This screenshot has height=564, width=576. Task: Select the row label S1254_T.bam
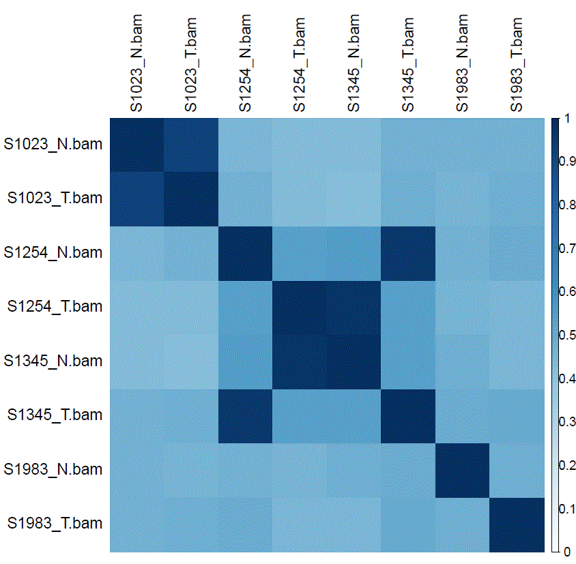(55, 306)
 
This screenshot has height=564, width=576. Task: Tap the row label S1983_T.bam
(55, 523)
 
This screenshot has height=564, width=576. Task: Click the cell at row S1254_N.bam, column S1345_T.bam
(408, 252)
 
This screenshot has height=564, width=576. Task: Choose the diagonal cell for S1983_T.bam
(517, 523)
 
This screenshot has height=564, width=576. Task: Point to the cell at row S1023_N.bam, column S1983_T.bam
(517, 144)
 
